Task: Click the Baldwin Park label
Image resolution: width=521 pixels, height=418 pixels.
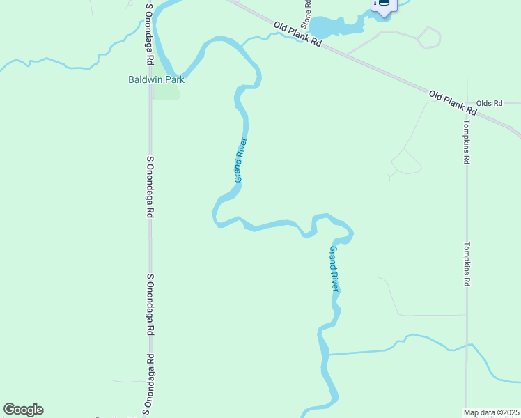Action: coord(156,79)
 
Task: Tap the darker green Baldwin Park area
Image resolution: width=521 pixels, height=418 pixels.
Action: coord(166,92)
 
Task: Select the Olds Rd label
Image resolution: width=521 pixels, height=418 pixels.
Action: coord(489,103)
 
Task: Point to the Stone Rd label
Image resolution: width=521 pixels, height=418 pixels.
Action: coord(305,15)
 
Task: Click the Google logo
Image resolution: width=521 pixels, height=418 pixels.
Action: coord(23,410)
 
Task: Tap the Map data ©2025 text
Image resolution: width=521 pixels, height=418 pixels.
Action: coord(492,412)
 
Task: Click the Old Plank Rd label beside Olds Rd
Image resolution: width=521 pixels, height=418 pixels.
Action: coord(452,102)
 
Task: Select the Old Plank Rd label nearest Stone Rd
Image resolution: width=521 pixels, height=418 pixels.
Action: coord(297,34)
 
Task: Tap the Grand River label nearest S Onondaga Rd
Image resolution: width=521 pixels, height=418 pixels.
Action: coord(240,160)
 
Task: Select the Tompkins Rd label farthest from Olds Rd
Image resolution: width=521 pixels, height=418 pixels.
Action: coord(467,265)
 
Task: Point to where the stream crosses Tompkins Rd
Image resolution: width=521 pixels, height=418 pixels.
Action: coord(467,346)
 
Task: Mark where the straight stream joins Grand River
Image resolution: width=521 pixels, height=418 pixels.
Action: coord(326,354)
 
